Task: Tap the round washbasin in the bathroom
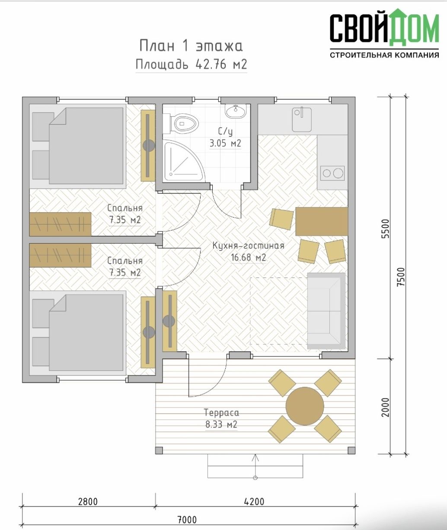(236, 111)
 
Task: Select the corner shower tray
(183, 162)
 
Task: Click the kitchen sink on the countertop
(302, 119)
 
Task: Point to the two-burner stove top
(332, 173)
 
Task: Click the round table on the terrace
(305, 406)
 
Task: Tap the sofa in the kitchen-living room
(326, 311)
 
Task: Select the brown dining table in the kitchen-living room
(322, 222)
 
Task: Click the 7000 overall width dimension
(187, 520)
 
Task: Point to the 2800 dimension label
(88, 501)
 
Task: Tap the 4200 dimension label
(254, 501)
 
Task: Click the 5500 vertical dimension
(385, 228)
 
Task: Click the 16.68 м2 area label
(249, 257)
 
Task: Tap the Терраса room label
(221, 412)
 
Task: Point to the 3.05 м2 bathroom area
(225, 143)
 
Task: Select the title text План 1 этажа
(191, 46)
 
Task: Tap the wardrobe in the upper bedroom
(61, 224)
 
